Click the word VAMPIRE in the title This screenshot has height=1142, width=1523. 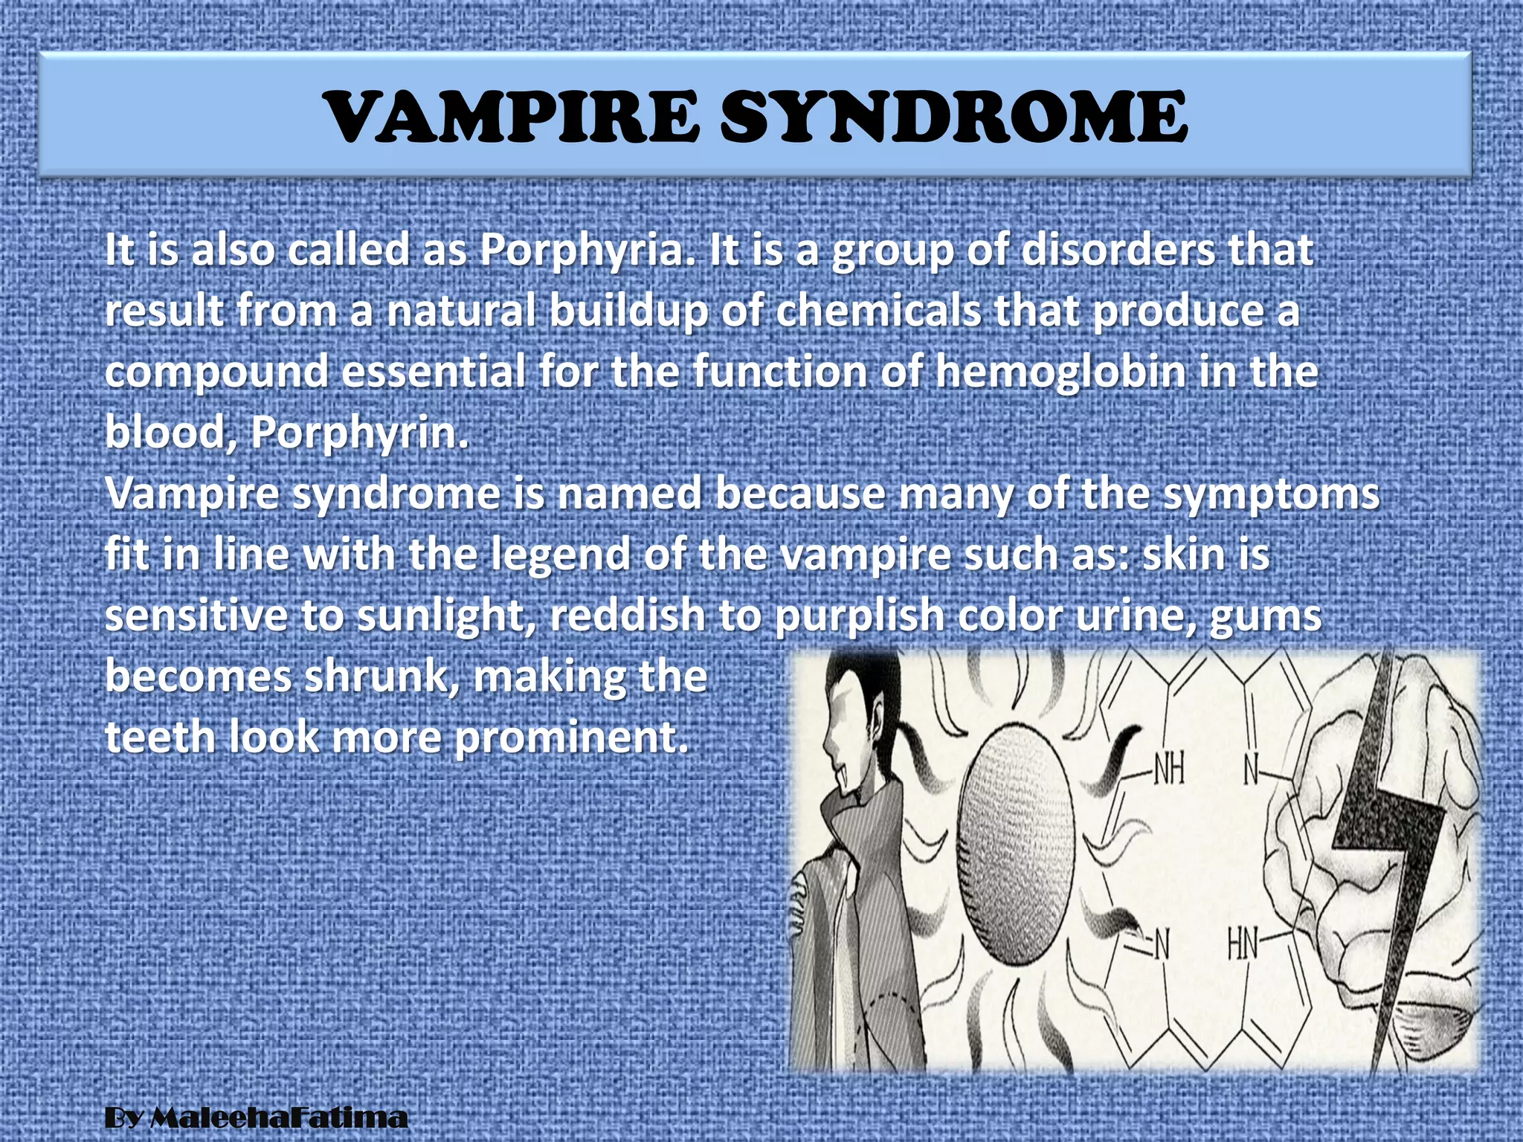click(x=512, y=117)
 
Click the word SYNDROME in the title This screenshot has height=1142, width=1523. click(x=954, y=117)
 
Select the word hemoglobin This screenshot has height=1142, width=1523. click(x=1060, y=372)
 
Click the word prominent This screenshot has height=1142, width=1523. click(x=571, y=738)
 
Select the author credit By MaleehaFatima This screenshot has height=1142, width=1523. click(x=256, y=1117)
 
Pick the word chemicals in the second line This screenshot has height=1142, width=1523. click(x=878, y=311)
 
